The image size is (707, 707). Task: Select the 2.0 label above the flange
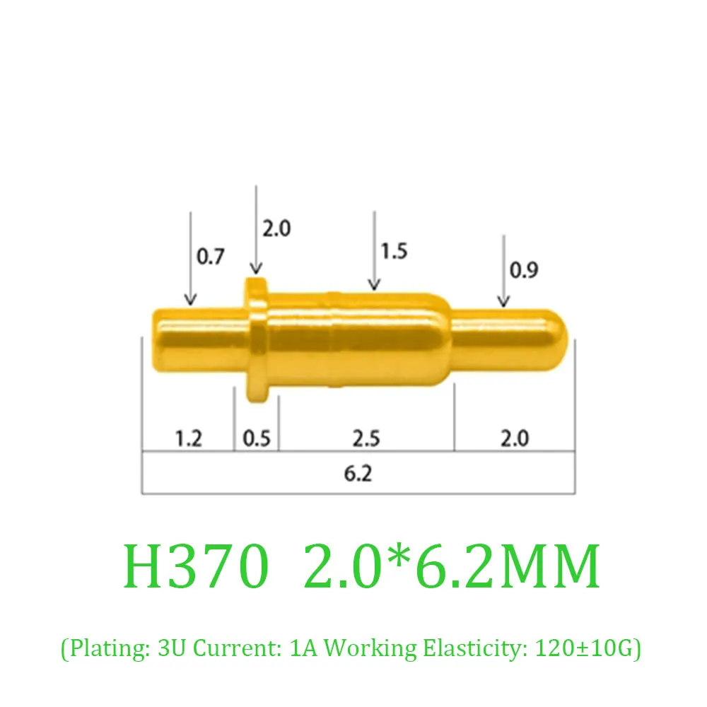click(276, 228)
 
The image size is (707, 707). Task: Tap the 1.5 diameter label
click(394, 251)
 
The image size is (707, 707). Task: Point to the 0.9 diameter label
click(523, 270)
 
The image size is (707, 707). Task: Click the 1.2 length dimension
click(188, 438)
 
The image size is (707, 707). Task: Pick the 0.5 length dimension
click(257, 438)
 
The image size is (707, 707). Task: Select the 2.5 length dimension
click(366, 438)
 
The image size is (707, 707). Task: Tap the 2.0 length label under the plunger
click(514, 438)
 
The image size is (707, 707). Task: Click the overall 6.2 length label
click(358, 473)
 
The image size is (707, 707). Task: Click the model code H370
click(196, 566)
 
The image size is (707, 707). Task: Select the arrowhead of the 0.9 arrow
click(503, 302)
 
